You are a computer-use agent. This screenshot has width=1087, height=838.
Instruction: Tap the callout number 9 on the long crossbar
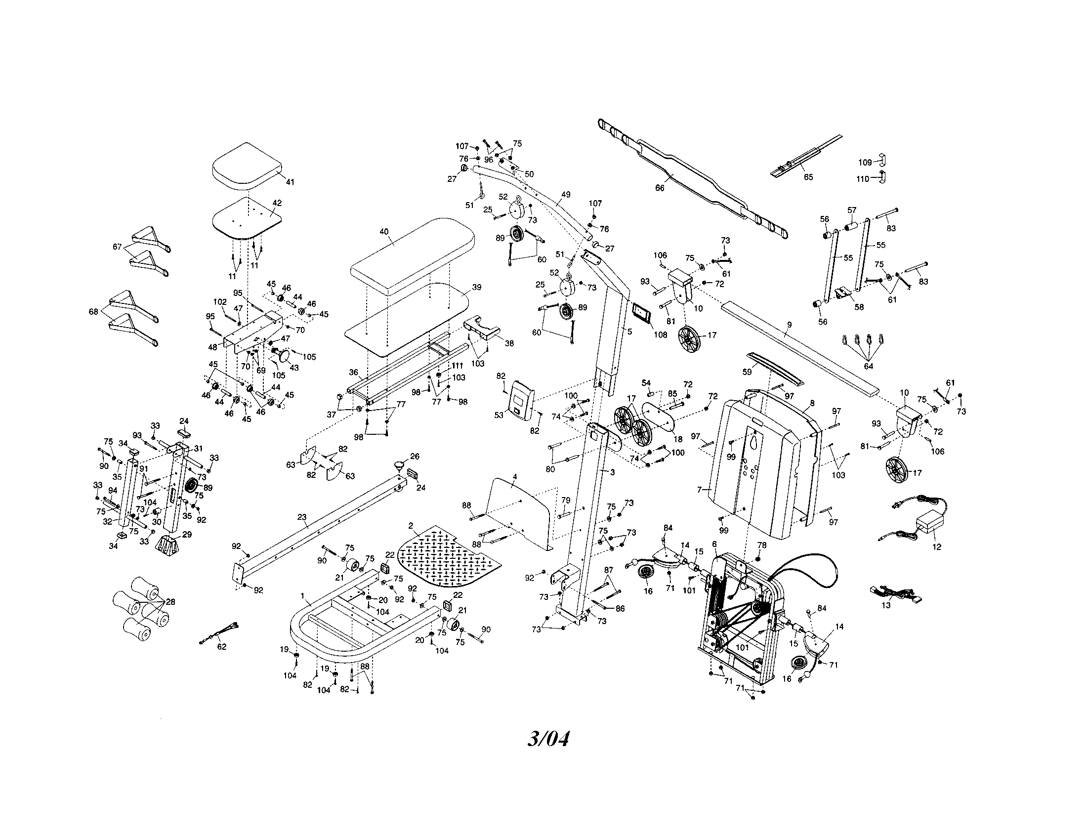coord(789,325)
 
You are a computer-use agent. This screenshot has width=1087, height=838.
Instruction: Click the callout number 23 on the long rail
coord(301,517)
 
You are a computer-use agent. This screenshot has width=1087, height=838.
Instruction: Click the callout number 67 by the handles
coord(118,247)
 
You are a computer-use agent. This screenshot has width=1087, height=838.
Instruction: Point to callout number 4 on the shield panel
coord(515,477)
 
